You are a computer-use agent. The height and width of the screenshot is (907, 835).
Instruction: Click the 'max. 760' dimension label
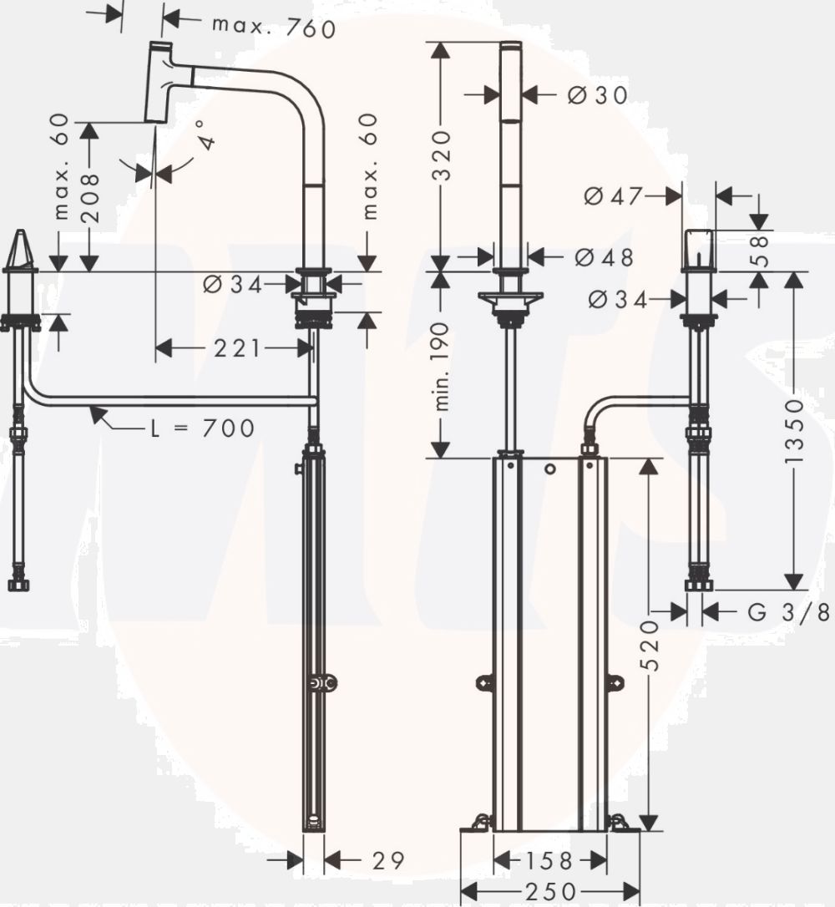[x=274, y=27]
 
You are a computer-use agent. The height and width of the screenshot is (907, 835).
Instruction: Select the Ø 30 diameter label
[x=597, y=95]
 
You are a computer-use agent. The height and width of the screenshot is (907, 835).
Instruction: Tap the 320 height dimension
[x=441, y=155]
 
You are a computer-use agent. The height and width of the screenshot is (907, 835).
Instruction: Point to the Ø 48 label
[x=604, y=257]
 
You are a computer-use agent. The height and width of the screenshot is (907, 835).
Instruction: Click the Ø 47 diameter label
[x=613, y=196]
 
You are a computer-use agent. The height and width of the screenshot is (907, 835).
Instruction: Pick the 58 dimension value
[x=762, y=250]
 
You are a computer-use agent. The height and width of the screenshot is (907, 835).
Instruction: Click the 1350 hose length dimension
[x=795, y=430]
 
